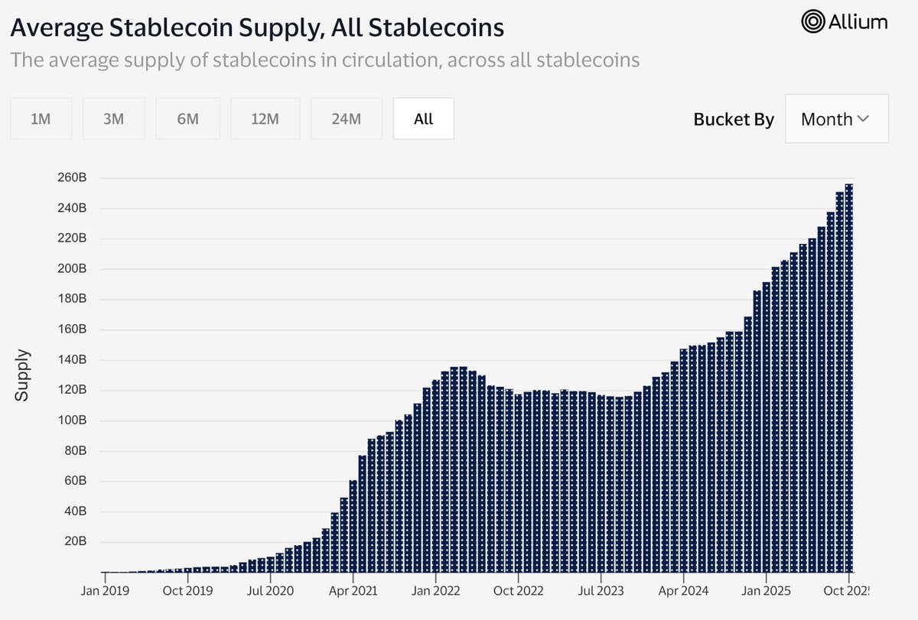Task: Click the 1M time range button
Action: coord(41,118)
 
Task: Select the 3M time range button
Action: coord(113,118)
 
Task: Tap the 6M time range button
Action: coord(187,118)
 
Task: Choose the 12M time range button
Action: coord(265,118)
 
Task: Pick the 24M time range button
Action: coord(346,118)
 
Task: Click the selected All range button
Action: coord(423,118)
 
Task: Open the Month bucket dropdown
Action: coord(836,119)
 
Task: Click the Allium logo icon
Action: coord(813,22)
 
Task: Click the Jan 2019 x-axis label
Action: coord(105,591)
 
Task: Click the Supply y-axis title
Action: coord(23,375)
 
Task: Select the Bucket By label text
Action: coord(733,119)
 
